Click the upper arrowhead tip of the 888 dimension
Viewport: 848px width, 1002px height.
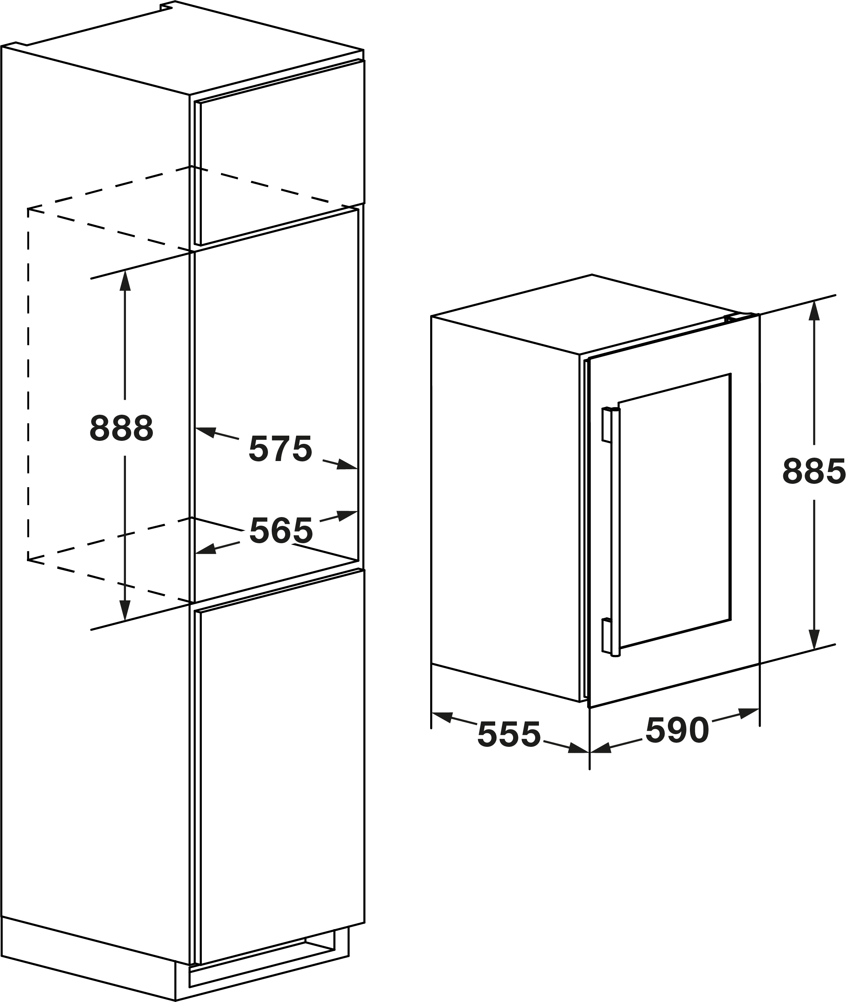click(125, 270)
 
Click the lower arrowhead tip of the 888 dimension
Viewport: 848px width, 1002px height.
click(125, 621)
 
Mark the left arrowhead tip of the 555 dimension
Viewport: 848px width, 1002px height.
click(432, 713)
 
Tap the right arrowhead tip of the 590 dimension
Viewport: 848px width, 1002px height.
click(759, 709)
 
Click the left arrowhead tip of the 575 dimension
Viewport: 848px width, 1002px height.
click(196, 428)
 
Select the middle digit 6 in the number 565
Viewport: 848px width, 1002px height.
click(281, 530)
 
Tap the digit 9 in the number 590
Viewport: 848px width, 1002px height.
click(677, 730)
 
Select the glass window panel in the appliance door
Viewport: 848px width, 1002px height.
click(675, 510)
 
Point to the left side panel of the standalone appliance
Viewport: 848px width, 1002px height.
click(505, 510)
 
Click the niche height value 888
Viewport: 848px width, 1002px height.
click(121, 428)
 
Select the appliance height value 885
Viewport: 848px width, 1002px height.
click(814, 471)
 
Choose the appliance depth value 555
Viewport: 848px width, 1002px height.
click(509, 735)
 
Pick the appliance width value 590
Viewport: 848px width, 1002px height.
click(677, 730)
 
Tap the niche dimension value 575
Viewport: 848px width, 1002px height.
click(281, 449)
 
